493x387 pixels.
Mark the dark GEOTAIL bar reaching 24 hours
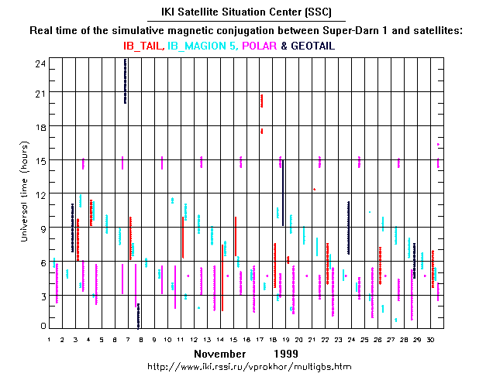[x=126, y=80]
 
